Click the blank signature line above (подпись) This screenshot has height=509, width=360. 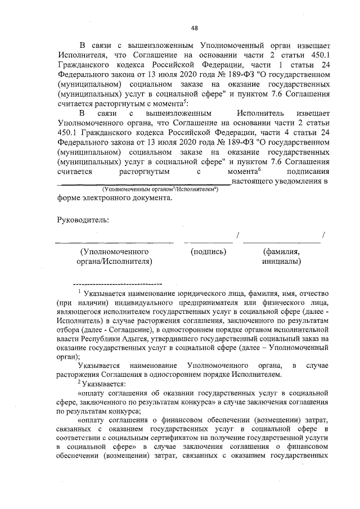click(208, 242)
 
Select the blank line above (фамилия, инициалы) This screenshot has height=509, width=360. click(281, 242)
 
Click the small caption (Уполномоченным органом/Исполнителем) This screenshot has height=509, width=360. click(160, 191)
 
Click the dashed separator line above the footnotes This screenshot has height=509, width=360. click(118, 283)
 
